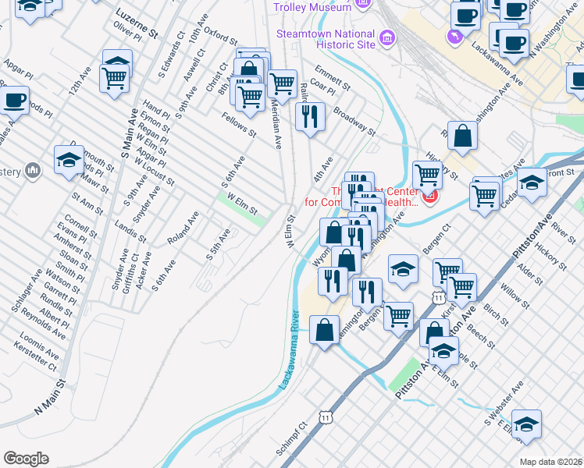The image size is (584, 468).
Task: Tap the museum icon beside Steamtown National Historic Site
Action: [x=386, y=38]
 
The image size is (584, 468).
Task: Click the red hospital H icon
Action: [x=429, y=200]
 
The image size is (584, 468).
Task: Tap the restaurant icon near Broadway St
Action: [x=310, y=116]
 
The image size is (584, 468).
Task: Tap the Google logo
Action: [x=26, y=458]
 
